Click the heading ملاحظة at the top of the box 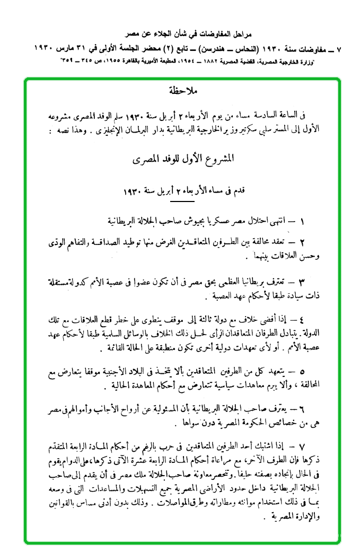click(x=182, y=90)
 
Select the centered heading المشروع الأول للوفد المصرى click(x=181, y=158)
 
